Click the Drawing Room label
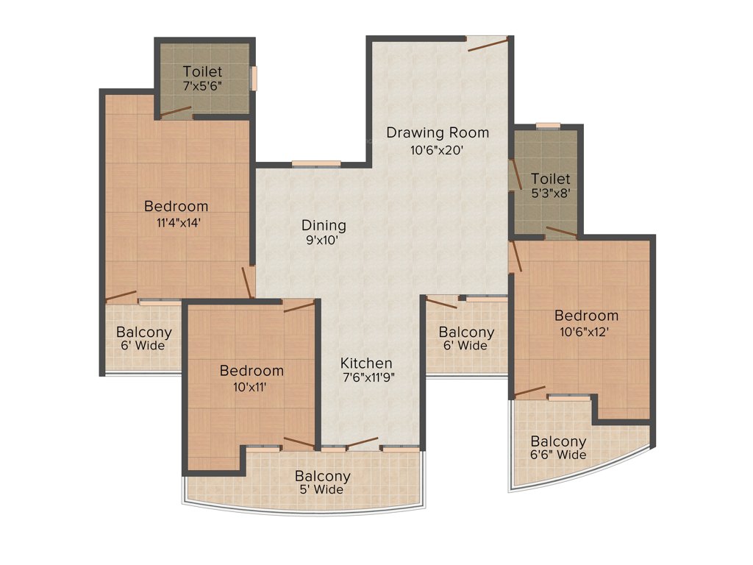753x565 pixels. [438, 133]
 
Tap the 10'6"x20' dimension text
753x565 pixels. [438, 149]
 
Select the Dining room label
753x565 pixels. [324, 226]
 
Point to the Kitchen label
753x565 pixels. [366, 363]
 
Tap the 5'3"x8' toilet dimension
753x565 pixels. [551, 194]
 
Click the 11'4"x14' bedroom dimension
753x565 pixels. [176, 221]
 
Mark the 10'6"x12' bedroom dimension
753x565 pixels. [586, 331]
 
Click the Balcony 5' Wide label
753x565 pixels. [323, 483]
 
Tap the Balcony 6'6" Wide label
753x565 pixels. [559, 448]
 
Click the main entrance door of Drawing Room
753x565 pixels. [487, 43]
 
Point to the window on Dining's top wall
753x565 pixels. [316, 164]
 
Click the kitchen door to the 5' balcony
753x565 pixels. [363, 444]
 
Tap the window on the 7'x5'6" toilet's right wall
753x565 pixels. [254, 79]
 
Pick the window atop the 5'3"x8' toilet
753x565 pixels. [548, 126]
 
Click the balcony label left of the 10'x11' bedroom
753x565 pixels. [144, 338]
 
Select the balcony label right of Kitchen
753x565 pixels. [466, 338]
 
